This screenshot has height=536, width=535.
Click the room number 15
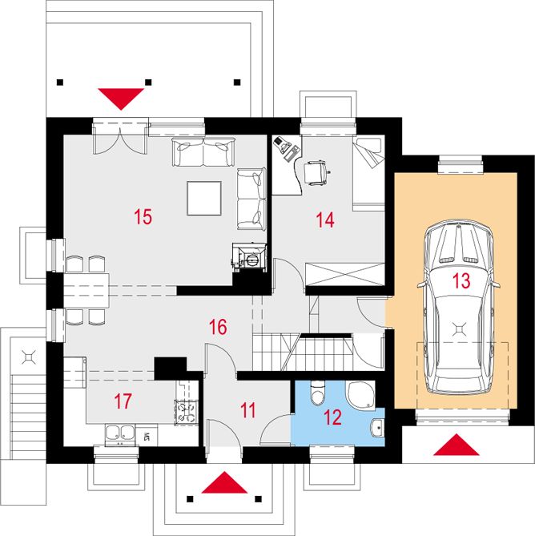[x=143, y=217]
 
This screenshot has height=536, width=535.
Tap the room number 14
[x=325, y=220]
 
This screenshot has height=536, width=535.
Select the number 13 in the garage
[x=461, y=280]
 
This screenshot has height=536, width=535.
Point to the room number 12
[x=332, y=417]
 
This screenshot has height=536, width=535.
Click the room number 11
[x=247, y=410]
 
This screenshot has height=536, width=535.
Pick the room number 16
[x=218, y=327]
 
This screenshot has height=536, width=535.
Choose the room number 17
[x=123, y=401]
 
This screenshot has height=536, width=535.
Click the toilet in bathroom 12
[x=318, y=393]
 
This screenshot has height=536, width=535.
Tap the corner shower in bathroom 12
[x=360, y=395]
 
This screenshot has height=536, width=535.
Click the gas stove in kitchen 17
[x=186, y=413]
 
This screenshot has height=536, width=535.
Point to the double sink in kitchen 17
[x=119, y=433]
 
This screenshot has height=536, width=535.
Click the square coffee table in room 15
[x=204, y=198]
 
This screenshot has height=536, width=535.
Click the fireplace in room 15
[x=249, y=257]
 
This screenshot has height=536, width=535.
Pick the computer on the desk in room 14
[x=286, y=147]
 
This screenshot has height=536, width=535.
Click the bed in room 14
[x=368, y=172]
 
